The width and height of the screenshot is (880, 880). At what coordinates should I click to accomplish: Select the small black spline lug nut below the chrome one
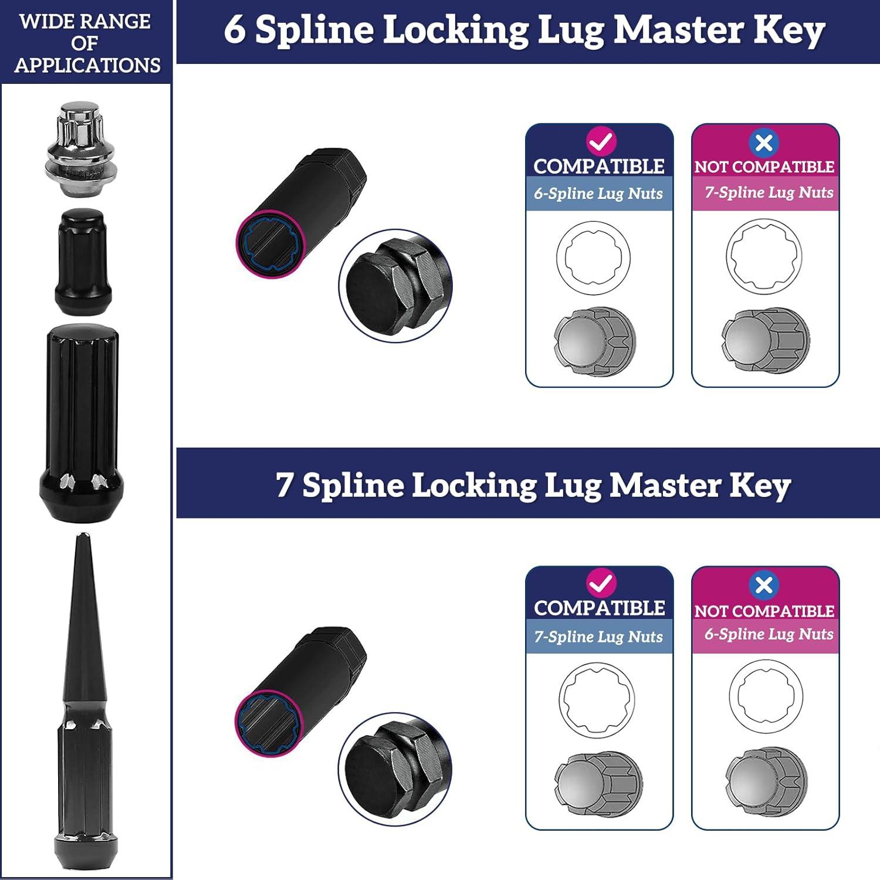[83, 262]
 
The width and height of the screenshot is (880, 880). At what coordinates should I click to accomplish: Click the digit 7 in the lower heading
[285, 485]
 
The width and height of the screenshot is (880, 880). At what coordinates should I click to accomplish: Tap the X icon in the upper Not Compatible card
[764, 143]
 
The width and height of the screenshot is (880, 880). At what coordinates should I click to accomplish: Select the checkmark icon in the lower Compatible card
[601, 583]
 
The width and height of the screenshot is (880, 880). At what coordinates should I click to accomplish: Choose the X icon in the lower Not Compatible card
[764, 585]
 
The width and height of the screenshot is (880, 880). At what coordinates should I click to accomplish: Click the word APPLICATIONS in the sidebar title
[87, 65]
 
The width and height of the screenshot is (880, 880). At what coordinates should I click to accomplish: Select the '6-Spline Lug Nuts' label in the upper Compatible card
[598, 194]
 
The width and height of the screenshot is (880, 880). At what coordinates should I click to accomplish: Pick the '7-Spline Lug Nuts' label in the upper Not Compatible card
[769, 192]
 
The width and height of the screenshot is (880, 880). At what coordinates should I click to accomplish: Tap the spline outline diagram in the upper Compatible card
[593, 258]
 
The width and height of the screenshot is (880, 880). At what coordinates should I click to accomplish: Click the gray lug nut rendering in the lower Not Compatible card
[766, 782]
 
